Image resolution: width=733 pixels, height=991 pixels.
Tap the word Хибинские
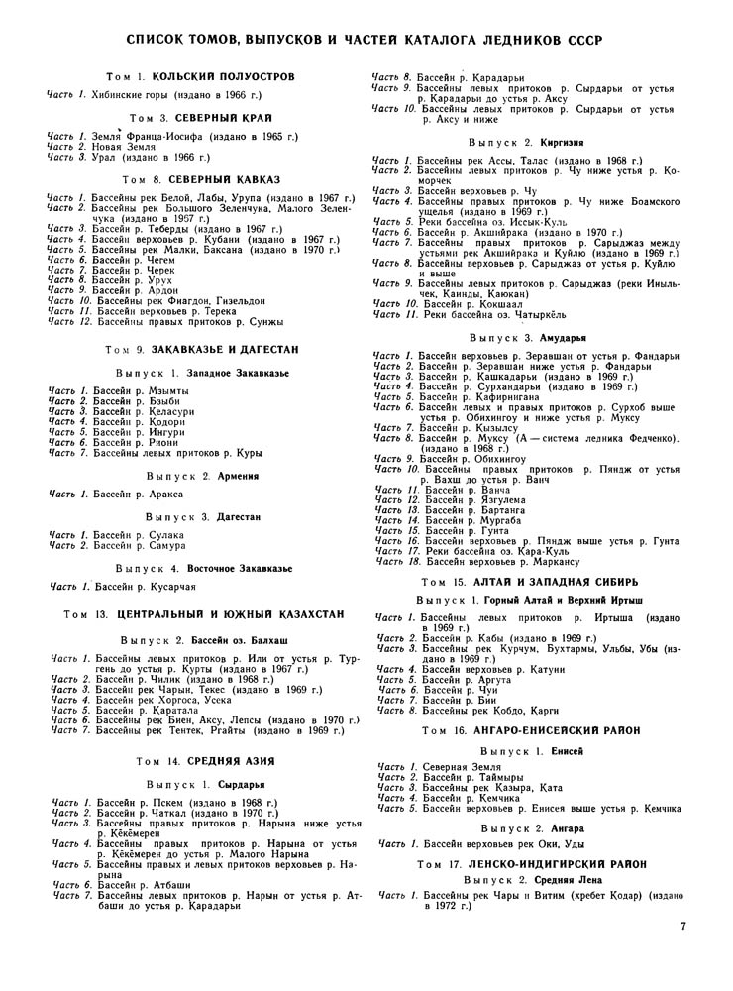(x=113, y=95)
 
